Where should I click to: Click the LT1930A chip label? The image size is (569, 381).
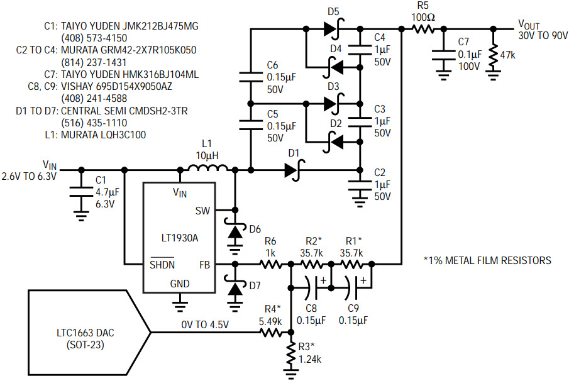180,238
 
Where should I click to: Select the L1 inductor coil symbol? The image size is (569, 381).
208,168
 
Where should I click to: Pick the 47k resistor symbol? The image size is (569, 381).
493,55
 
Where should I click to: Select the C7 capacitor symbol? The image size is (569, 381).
443,55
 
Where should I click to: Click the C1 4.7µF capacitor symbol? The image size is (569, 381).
81,192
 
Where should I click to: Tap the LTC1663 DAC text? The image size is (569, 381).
86,333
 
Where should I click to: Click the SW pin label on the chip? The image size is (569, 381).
202,211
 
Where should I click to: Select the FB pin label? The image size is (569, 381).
205,265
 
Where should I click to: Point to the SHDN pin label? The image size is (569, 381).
162,265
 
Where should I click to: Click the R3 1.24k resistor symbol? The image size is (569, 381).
290,354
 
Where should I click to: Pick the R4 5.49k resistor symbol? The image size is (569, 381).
271,332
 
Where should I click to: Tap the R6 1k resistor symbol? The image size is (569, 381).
271,265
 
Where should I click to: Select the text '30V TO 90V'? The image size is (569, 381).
543,36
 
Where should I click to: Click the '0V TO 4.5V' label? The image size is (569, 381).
205,324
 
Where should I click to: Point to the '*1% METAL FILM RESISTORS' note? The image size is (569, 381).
487,260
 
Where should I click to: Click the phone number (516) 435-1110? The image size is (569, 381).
94,123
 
